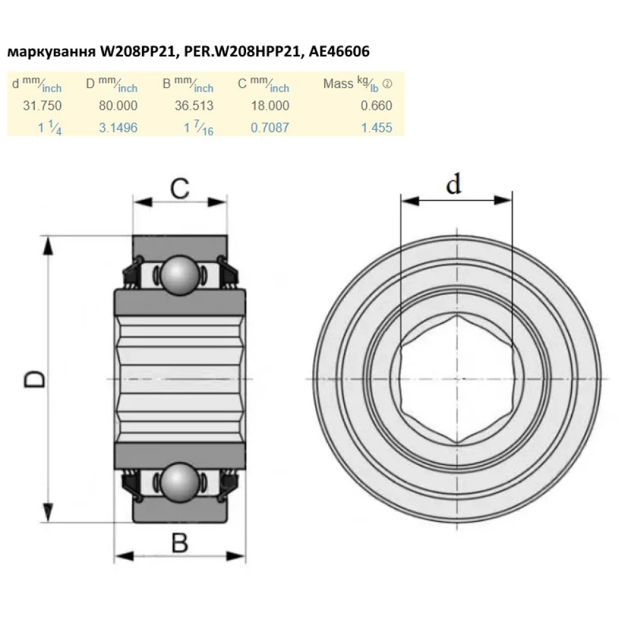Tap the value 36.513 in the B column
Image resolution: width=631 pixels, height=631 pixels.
pos(194,105)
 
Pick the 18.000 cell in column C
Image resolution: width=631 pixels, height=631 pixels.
pos(269,105)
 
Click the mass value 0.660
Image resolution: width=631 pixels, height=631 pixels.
pos(376,105)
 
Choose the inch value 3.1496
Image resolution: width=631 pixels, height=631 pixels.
pos(118,127)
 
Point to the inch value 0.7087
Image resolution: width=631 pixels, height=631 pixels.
pos(269,127)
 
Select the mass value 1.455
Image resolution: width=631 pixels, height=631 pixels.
pos(376,127)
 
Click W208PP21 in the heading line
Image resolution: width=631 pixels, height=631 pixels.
pos(138,52)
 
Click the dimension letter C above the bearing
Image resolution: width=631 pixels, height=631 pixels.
pos(180,189)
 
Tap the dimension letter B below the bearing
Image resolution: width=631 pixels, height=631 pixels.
pos(180,542)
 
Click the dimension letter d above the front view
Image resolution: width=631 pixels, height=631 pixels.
pos(454,184)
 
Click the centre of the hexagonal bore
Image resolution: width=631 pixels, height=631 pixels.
pos(456,379)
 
